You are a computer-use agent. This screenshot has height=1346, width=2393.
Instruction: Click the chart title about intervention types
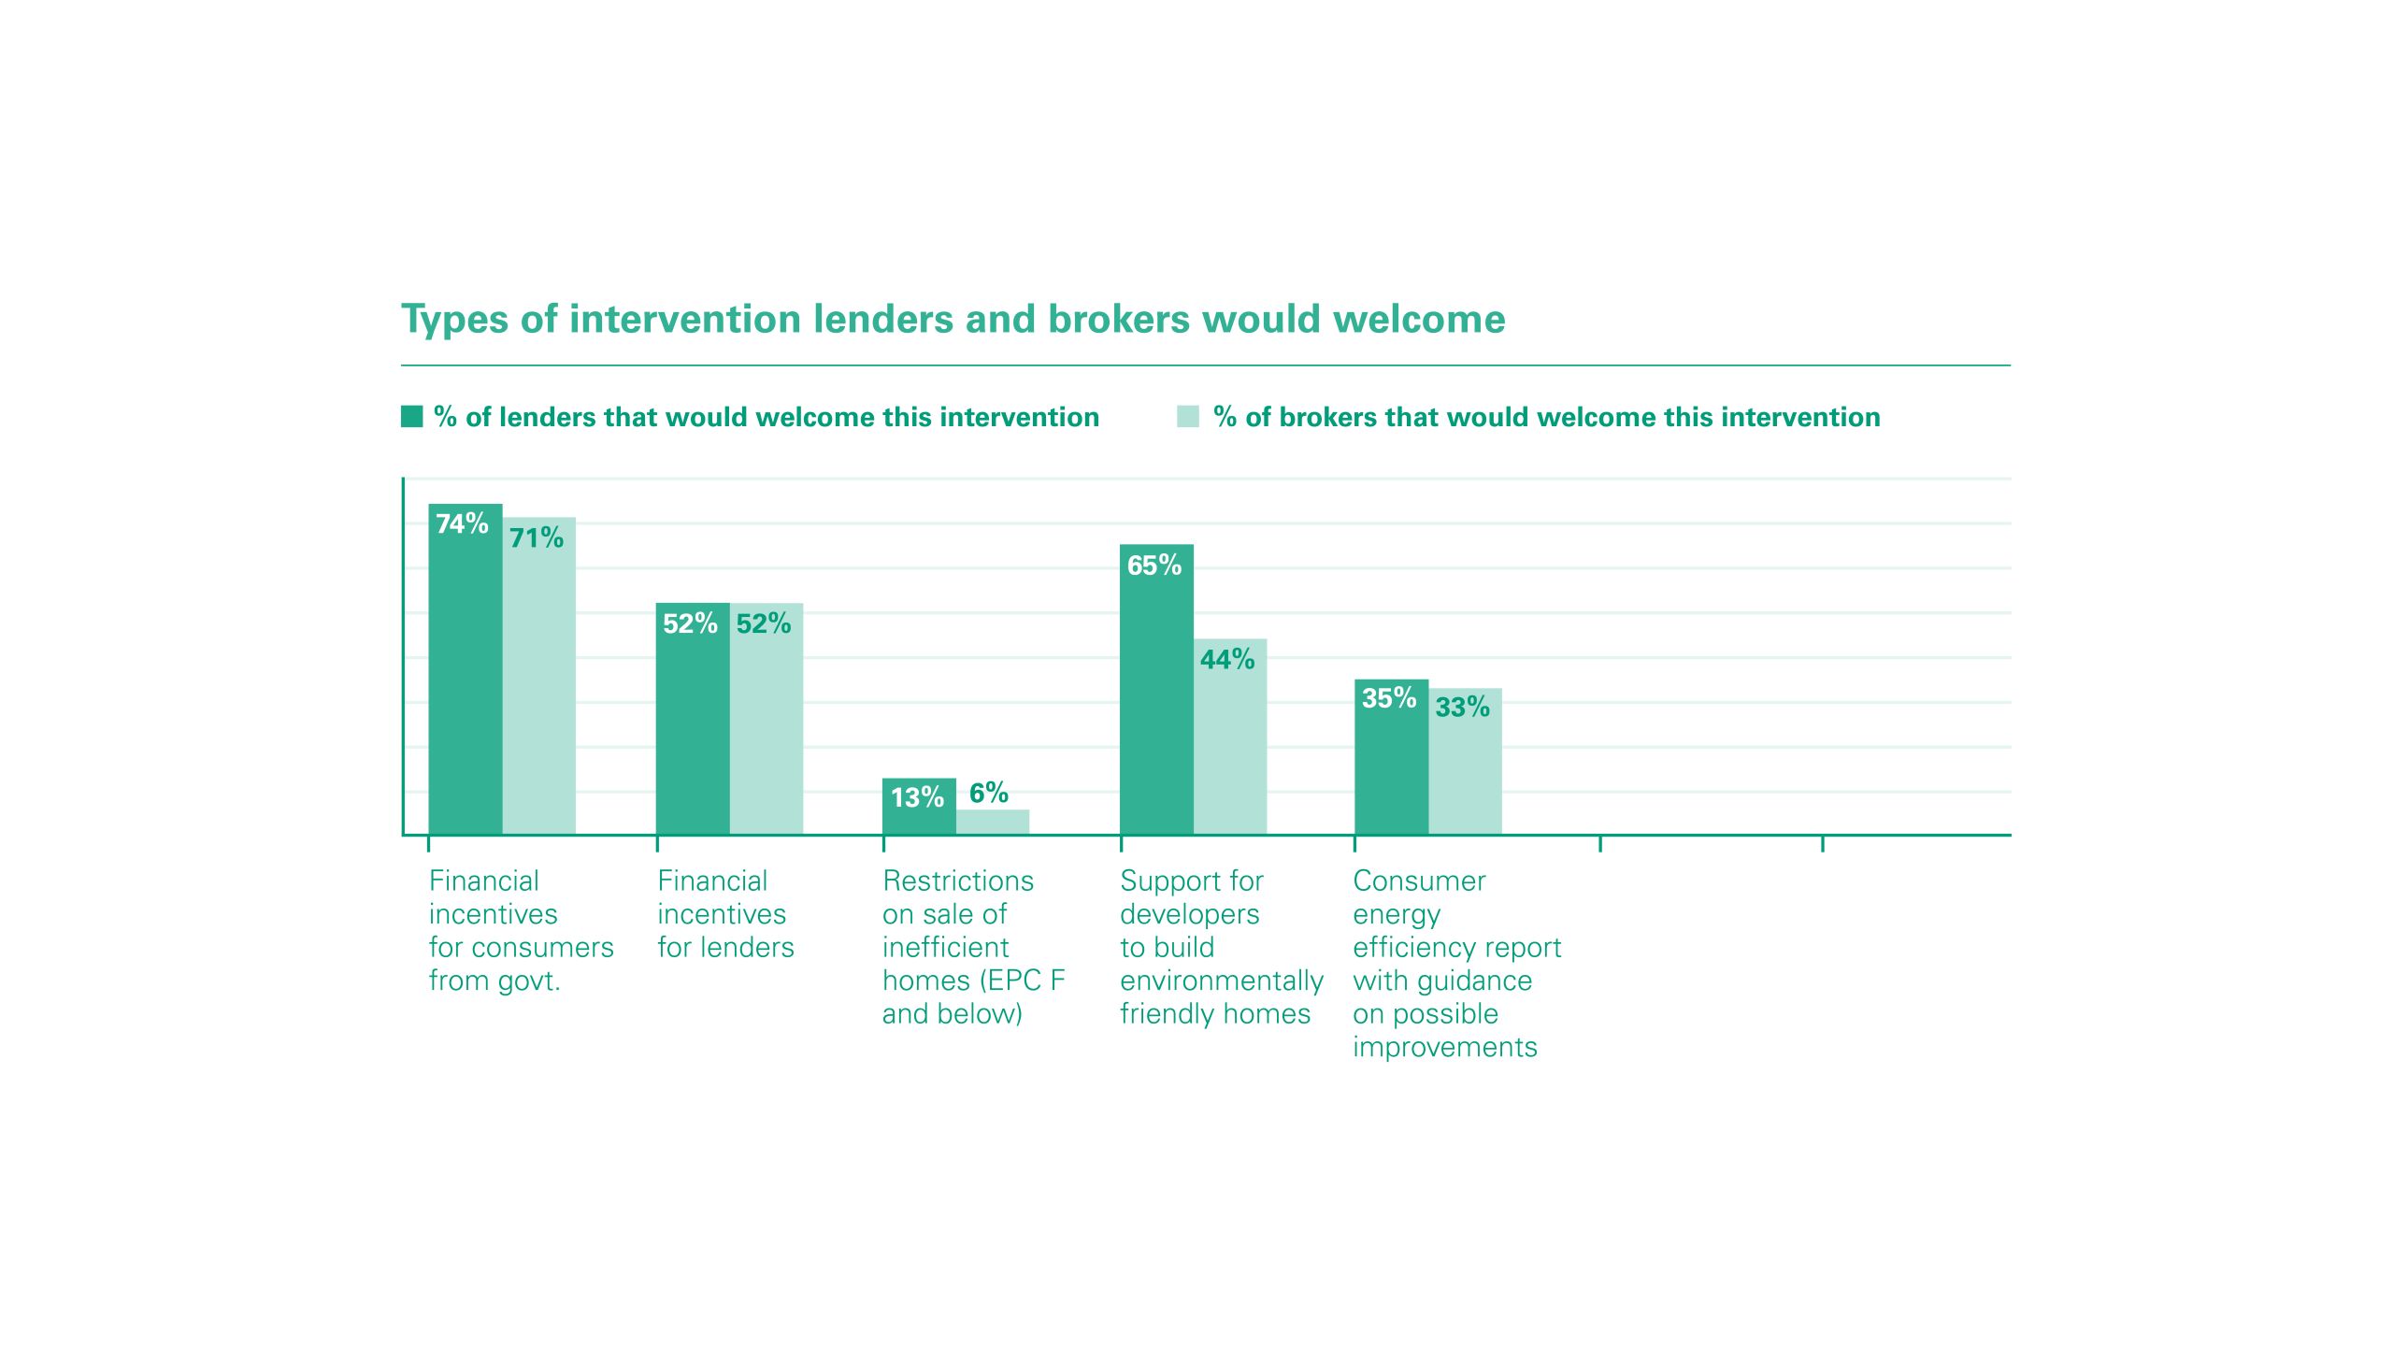[953, 320]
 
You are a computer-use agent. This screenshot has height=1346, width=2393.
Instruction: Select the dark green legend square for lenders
[412, 417]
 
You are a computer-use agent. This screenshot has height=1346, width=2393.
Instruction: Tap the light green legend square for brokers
[1188, 417]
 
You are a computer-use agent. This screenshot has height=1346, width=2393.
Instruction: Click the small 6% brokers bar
[993, 823]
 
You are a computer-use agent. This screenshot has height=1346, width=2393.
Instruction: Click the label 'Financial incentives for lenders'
[725, 914]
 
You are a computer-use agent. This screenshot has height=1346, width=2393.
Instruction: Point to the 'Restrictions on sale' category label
[973, 947]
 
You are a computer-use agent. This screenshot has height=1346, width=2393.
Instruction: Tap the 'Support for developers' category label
[1221, 947]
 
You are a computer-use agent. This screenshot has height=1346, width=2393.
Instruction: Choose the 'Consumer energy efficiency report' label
[1456, 964]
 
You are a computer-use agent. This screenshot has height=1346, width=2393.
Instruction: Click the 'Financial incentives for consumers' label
[521, 931]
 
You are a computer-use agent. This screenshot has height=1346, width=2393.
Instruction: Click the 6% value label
[989, 794]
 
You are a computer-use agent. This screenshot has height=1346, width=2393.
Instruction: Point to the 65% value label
[1154, 566]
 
